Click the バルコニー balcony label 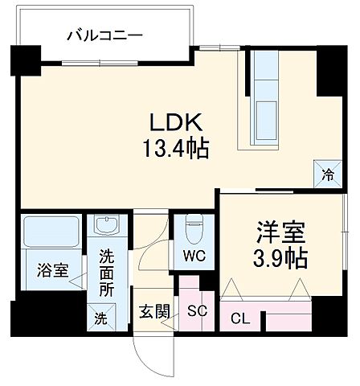[104, 35]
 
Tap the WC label [193, 257]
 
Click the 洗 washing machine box [100, 318]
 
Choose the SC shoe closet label [196, 311]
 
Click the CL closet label [240, 318]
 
